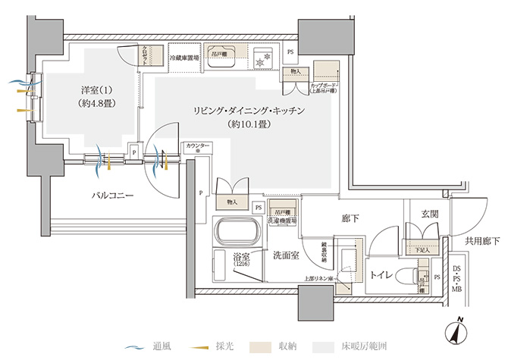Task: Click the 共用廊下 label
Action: [482, 242]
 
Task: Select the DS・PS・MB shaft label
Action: [456, 278]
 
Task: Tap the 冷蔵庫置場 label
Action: [184, 58]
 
